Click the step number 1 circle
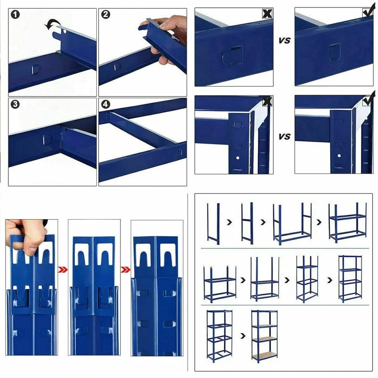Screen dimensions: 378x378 point(16,15)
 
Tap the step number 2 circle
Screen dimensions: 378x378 point(106,15)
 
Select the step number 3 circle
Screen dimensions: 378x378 point(16,104)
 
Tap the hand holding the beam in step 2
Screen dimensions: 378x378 point(168,38)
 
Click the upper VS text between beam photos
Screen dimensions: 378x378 point(284,41)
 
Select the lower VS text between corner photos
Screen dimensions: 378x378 point(284,137)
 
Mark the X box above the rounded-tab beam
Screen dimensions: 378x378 point(267,13)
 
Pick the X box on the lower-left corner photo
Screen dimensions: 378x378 point(267,101)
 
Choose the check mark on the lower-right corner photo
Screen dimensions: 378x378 point(368,101)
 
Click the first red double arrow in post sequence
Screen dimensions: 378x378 point(63,270)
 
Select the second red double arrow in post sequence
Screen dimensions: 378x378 point(125,270)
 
